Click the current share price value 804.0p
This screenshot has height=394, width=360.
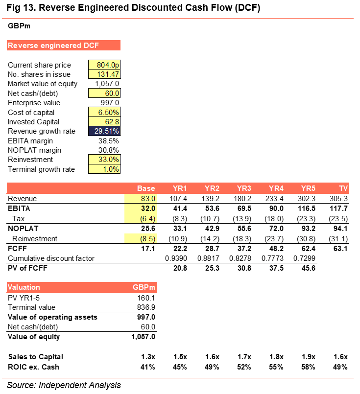(x=104, y=65)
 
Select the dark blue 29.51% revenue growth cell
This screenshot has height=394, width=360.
(x=104, y=131)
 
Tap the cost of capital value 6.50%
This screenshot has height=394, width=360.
(x=104, y=112)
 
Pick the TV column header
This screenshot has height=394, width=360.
(x=343, y=189)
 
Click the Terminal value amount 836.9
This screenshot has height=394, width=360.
(x=145, y=307)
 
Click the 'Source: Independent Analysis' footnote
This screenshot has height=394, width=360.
(x=64, y=385)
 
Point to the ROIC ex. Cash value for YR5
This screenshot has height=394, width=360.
(x=308, y=367)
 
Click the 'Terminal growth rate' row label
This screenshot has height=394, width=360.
(x=42, y=169)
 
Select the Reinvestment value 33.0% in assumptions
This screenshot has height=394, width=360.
(x=104, y=160)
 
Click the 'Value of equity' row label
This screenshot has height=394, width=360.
(x=34, y=336)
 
